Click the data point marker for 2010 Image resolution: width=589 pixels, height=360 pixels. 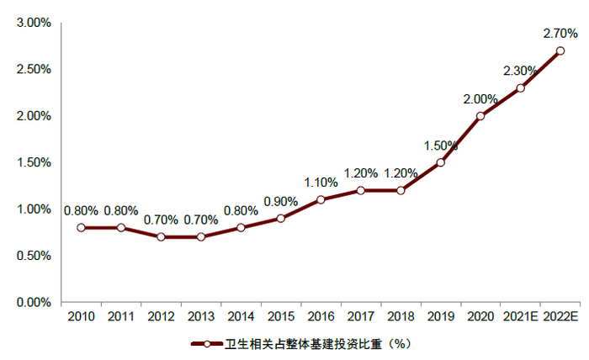coord(81,227)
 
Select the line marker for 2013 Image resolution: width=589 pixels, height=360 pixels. coord(201,236)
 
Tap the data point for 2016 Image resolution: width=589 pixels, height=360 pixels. coord(321,199)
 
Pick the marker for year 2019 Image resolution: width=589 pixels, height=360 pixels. coord(440,162)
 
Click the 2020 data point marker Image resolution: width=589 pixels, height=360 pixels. coord(480,116)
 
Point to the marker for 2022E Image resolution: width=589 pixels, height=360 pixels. coord(560,50)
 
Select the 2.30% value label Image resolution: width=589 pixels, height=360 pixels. coord(521,71)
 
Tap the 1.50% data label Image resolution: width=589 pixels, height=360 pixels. coord(441,145)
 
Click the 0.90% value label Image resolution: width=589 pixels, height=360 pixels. coord(280,201)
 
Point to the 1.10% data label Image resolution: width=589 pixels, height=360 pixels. coord(321,182)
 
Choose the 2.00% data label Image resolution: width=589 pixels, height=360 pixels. coord(480,98)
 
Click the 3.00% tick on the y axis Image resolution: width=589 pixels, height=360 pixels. coord(33,23)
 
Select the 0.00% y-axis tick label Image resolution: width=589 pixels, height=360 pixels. coord(33,302)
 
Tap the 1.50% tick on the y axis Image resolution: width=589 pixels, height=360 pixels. coord(33,162)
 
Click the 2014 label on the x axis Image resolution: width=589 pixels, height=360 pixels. coord(241,317)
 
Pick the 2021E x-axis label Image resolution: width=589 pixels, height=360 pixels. coord(521,317)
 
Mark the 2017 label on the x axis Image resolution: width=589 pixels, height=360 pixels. coord(360,317)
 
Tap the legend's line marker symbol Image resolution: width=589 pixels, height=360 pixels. coord(206,344)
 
